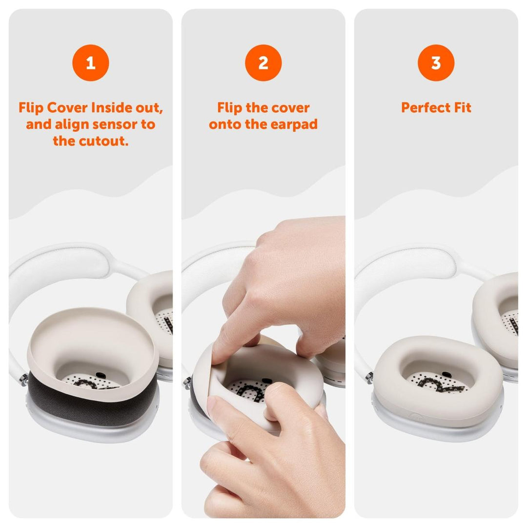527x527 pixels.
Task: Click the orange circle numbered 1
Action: pyautogui.click(x=90, y=62)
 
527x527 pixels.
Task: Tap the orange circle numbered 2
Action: pyautogui.click(x=263, y=62)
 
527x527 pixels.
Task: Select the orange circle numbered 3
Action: pyautogui.click(x=436, y=62)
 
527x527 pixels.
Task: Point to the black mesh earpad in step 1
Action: pyautogui.click(x=93, y=403)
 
